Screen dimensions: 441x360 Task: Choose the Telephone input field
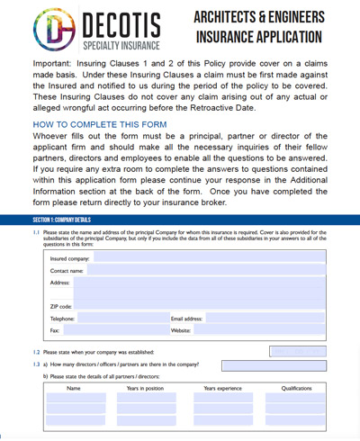122,319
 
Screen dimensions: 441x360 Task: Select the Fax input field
122,330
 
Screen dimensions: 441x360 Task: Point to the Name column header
74,389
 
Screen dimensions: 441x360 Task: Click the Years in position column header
145,389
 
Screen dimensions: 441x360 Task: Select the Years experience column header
222,389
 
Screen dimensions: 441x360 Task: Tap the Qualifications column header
296,389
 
